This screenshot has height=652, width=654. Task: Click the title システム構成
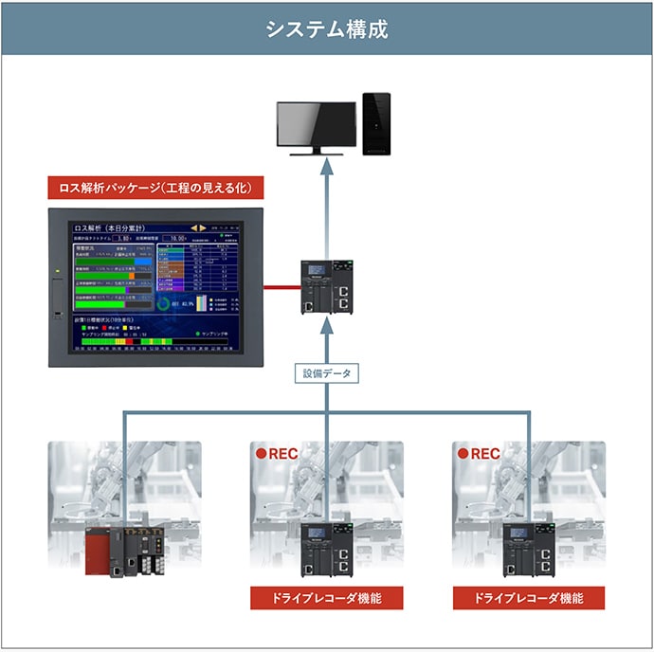tap(326, 27)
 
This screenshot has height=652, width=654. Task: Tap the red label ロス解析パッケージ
tap(155, 188)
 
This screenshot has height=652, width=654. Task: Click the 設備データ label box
tap(326, 373)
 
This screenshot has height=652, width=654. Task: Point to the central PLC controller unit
tap(326, 288)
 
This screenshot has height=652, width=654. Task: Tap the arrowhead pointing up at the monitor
tap(326, 168)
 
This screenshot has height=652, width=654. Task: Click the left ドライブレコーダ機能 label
tap(326, 598)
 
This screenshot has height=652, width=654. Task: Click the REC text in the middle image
tap(283, 454)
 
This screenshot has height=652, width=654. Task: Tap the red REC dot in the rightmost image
tap(463, 454)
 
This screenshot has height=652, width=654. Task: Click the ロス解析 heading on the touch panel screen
tap(93, 228)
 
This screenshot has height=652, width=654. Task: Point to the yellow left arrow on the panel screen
tap(193, 228)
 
